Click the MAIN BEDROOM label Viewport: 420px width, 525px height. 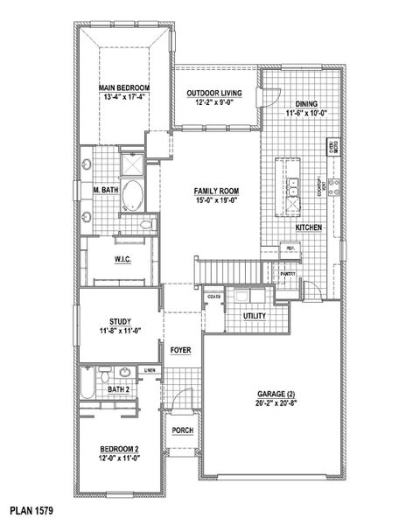click(123, 88)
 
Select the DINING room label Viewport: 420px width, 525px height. click(305, 103)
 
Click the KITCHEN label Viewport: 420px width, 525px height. click(308, 227)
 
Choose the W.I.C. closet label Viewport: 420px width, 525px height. click(122, 260)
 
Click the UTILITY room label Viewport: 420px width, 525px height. click(255, 315)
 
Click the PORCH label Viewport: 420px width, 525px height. click(182, 430)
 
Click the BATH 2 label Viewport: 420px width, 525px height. click(119, 388)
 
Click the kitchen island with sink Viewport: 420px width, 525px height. click(290, 186)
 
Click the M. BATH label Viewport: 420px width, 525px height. click(105, 189)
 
